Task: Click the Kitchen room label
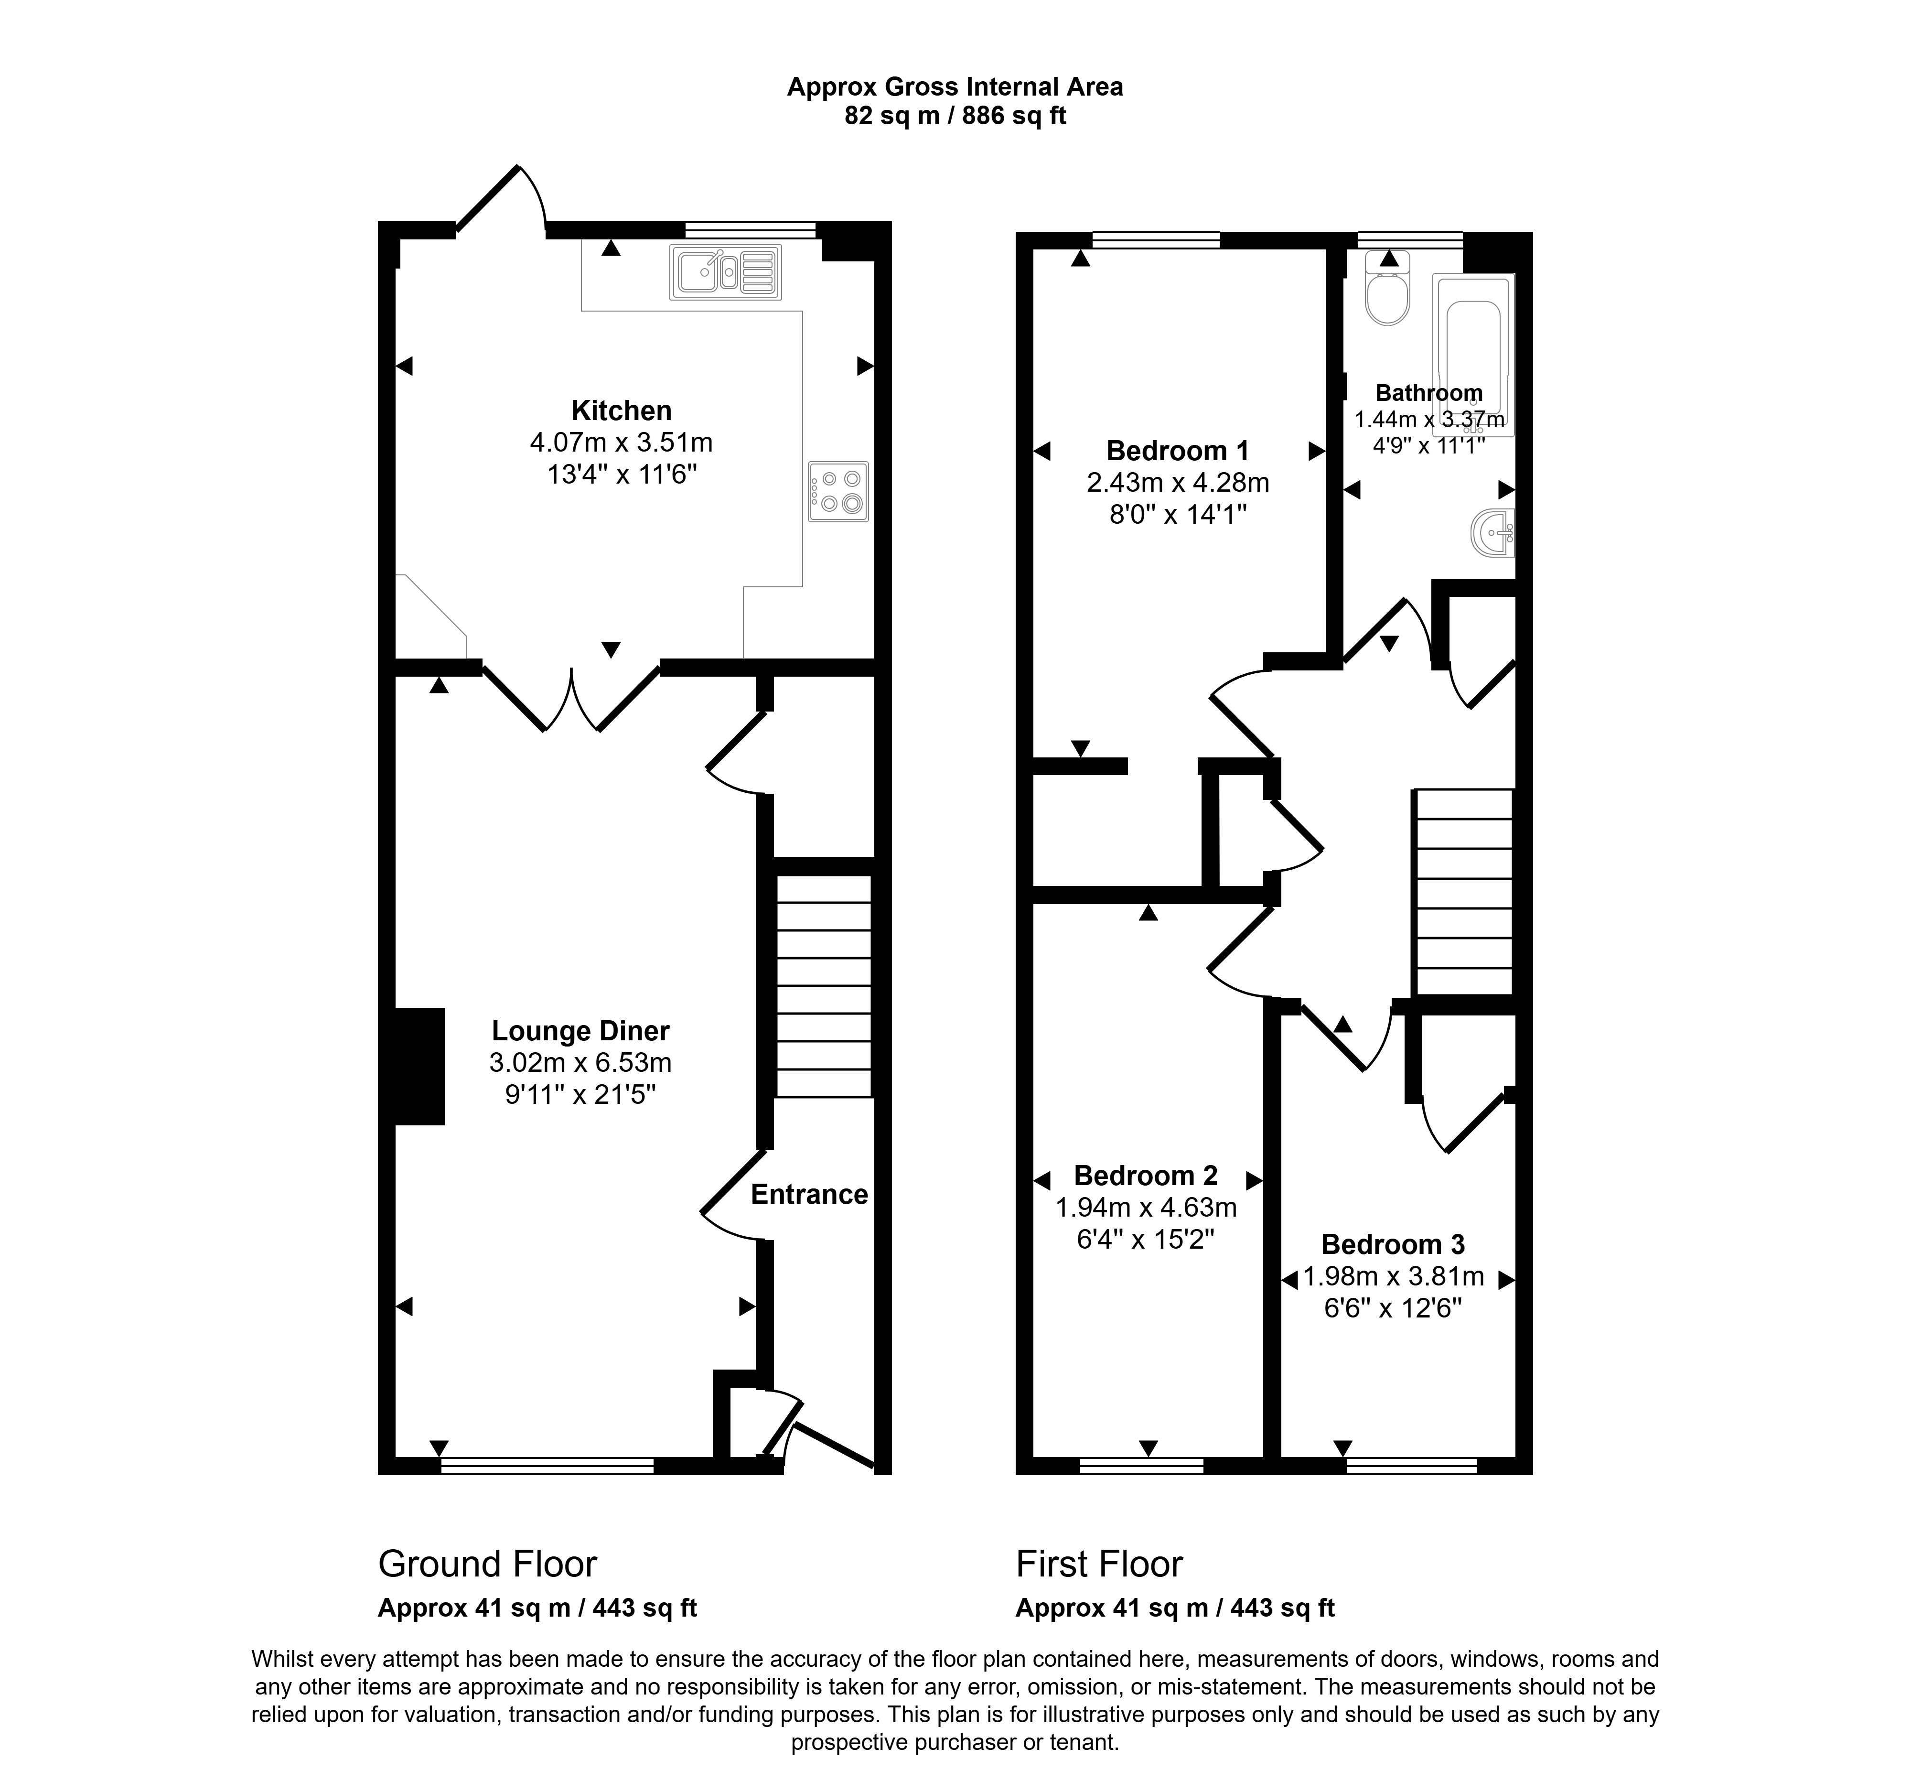pyautogui.click(x=621, y=410)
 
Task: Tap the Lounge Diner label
pyautogui.click(x=580, y=1031)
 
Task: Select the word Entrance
pyautogui.click(x=809, y=1194)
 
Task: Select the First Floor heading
pyautogui.click(x=1099, y=1564)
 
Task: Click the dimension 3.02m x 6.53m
pyautogui.click(x=580, y=1062)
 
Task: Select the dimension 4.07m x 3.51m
pyautogui.click(x=621, y=442)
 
